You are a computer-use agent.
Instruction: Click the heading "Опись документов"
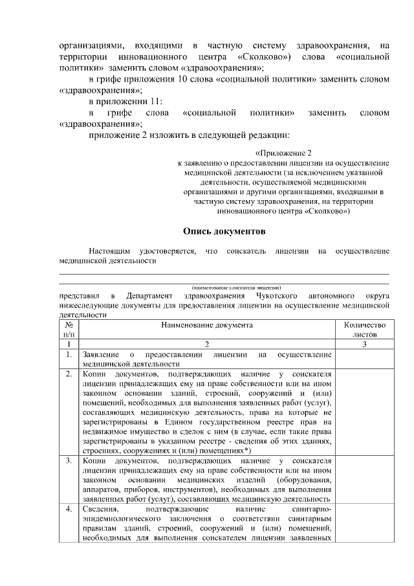pyautogui.click(x=224, y=231)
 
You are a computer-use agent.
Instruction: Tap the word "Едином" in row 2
pyautogui.click(x=192, y=422)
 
